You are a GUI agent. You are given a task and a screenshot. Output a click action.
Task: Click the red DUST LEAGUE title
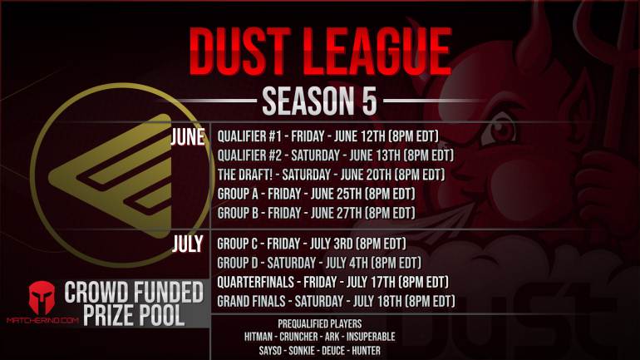(319, 52)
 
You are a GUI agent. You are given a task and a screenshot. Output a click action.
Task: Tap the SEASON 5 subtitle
(320, 101)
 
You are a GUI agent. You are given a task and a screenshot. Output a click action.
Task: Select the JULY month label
(188, 244)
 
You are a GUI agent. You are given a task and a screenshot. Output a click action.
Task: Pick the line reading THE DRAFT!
(331, 175)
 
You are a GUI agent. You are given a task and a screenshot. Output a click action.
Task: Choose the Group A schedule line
(316, 194)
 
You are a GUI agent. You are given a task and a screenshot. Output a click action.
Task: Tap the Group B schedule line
(316, 213)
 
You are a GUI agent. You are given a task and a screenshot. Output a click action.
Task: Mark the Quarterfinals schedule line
(332, 282)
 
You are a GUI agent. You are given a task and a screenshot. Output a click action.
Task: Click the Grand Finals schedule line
(336, 301)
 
